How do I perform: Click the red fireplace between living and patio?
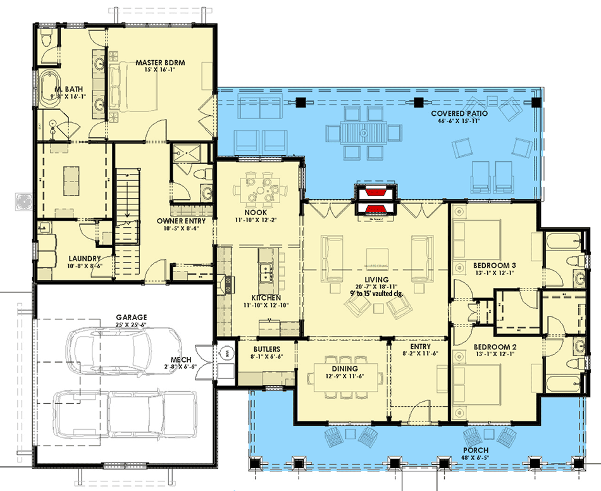(x=376, y=201)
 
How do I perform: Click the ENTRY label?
(x=420, y=347)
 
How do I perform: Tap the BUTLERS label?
(x=267, y=349)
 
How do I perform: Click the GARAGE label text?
(x=132, y=317)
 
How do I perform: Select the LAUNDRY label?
(x=84, y=258)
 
